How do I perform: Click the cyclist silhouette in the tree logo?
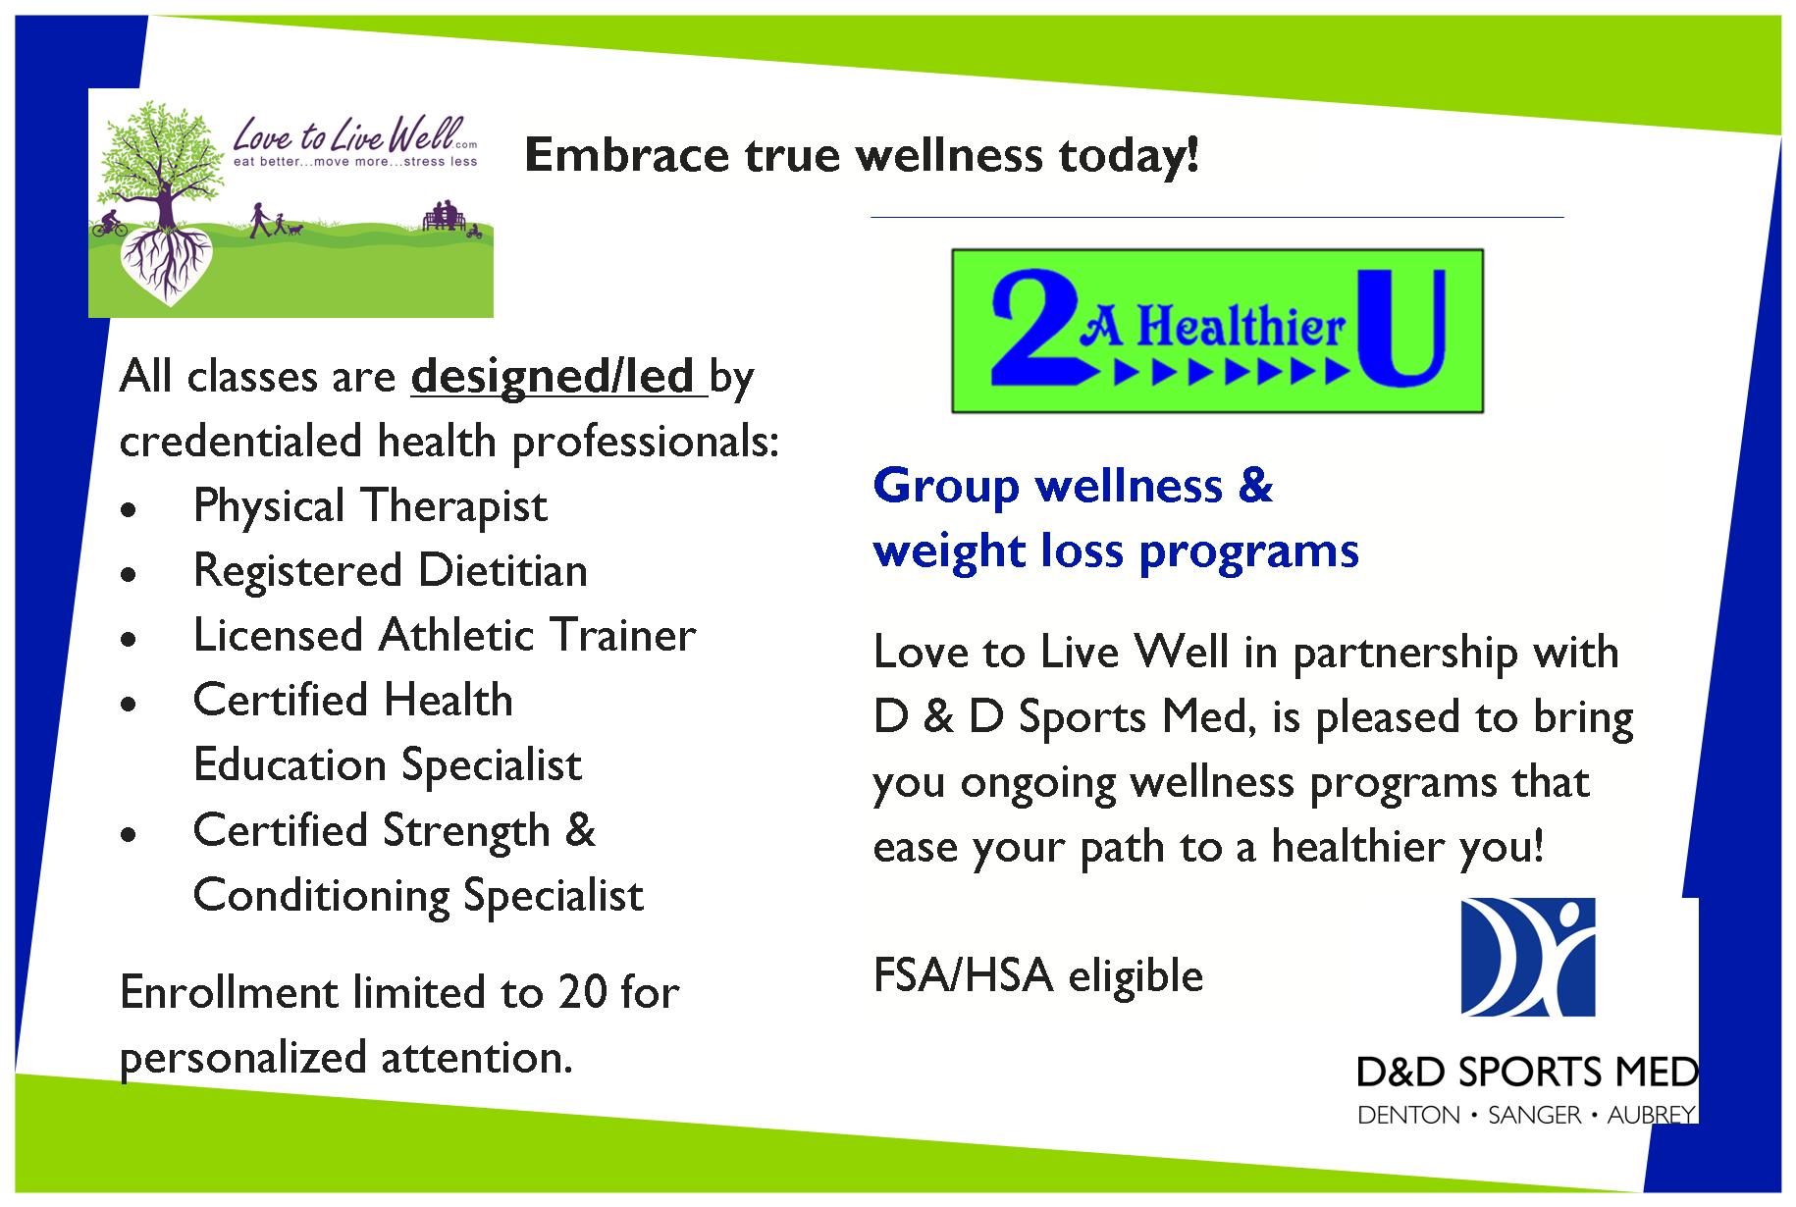tap(110, 224)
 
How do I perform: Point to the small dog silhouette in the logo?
tap(294, 230)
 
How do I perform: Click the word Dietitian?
tap(502, 570)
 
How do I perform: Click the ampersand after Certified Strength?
tap(580, 829)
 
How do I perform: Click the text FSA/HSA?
tap(963, 975)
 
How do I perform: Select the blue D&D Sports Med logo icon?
tap(1528, 957)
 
